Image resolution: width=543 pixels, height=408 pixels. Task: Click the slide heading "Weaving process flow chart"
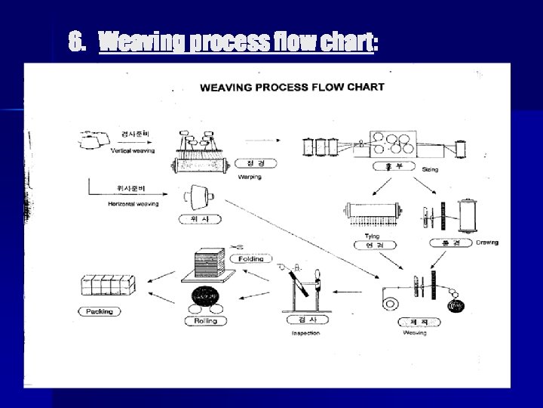[236, 43]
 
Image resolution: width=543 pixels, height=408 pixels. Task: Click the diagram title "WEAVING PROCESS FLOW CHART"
[292, 87]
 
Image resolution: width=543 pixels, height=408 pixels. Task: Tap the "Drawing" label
[486, 243]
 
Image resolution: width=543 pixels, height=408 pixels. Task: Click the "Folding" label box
[250, 259]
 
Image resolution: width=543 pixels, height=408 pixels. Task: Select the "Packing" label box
[99, 311]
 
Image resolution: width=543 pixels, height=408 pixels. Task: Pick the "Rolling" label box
[206, 321]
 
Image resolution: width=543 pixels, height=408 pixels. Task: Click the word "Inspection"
[305, 333]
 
